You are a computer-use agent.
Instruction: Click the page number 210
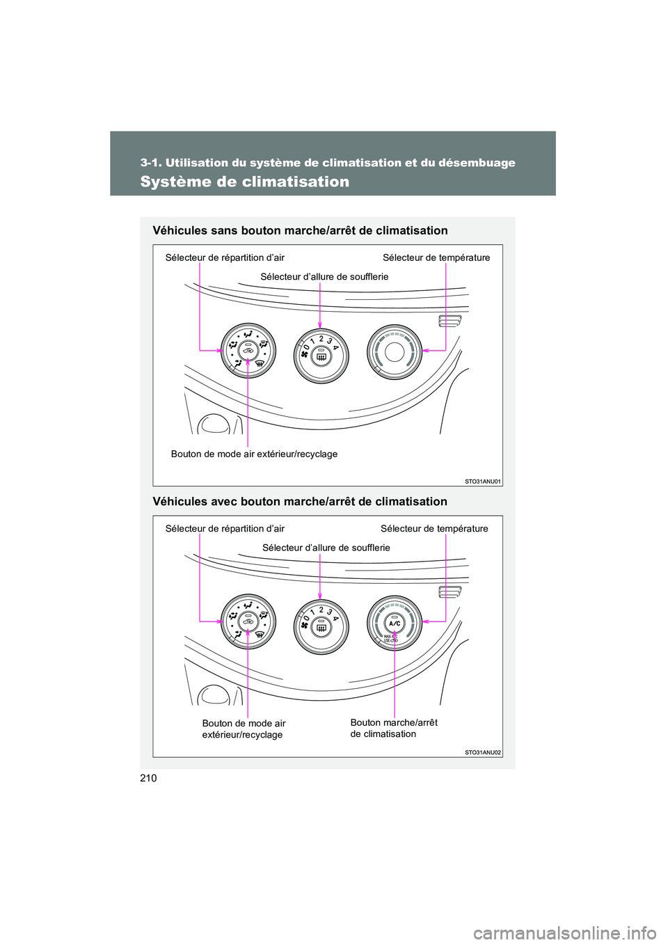click(148, 778)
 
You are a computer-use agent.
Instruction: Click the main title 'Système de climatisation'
click(244, 182)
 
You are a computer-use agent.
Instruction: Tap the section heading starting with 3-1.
click(328, 163)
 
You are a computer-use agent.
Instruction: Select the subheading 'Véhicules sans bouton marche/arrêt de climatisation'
click(300, 230)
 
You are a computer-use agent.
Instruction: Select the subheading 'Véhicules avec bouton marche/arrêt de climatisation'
click(300, 502)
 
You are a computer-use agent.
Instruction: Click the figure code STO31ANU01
click(483, 481)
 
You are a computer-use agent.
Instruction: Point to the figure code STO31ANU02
click(483, 752)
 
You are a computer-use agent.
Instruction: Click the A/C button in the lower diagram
click(395, 623)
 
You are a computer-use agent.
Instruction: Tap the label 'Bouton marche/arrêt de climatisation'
click(394, 728)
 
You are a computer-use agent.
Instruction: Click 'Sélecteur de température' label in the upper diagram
click(436, 257)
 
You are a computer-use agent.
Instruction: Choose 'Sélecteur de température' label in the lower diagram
click(434, 529)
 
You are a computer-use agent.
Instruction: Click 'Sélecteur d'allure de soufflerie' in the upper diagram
click(324, 277)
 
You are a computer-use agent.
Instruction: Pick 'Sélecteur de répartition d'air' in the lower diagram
click(225, 529)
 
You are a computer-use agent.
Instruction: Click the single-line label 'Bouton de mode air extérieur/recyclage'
click(254, 454)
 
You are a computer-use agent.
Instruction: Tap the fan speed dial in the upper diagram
click(321, 356)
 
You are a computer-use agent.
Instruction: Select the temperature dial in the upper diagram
click(395, 352)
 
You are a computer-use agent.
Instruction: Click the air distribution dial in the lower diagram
click(248, 621)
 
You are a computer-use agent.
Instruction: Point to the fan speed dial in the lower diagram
click(321, 626)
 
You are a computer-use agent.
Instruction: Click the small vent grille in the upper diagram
click(450, 321)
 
